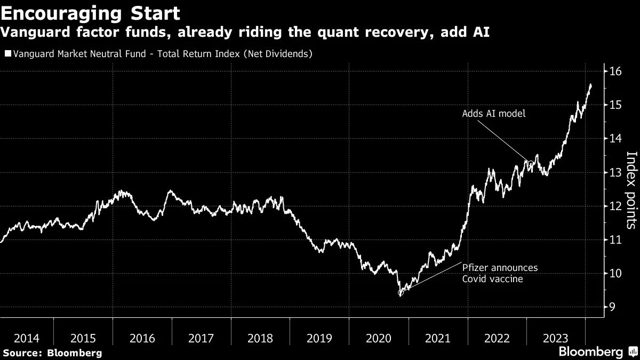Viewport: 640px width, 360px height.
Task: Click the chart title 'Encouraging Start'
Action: [x=90, y=13]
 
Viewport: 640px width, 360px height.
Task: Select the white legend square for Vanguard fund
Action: [x=7, y=53]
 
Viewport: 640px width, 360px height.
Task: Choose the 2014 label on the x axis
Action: [x=27, y=338]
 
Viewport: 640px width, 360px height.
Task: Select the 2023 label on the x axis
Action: [x=555, y=338]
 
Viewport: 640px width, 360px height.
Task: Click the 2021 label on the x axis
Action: [x=437, y=338]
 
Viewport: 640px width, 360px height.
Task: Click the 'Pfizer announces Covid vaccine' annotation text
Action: [x=500, y=273]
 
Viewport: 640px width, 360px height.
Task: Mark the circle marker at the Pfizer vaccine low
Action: [x=401, y=292]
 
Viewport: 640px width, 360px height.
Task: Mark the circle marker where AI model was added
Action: [x=531, y=163]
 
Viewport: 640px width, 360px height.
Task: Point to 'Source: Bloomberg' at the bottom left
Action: [x=52, y=353]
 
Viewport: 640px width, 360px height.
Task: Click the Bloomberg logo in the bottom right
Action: [x=597, y=351]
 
